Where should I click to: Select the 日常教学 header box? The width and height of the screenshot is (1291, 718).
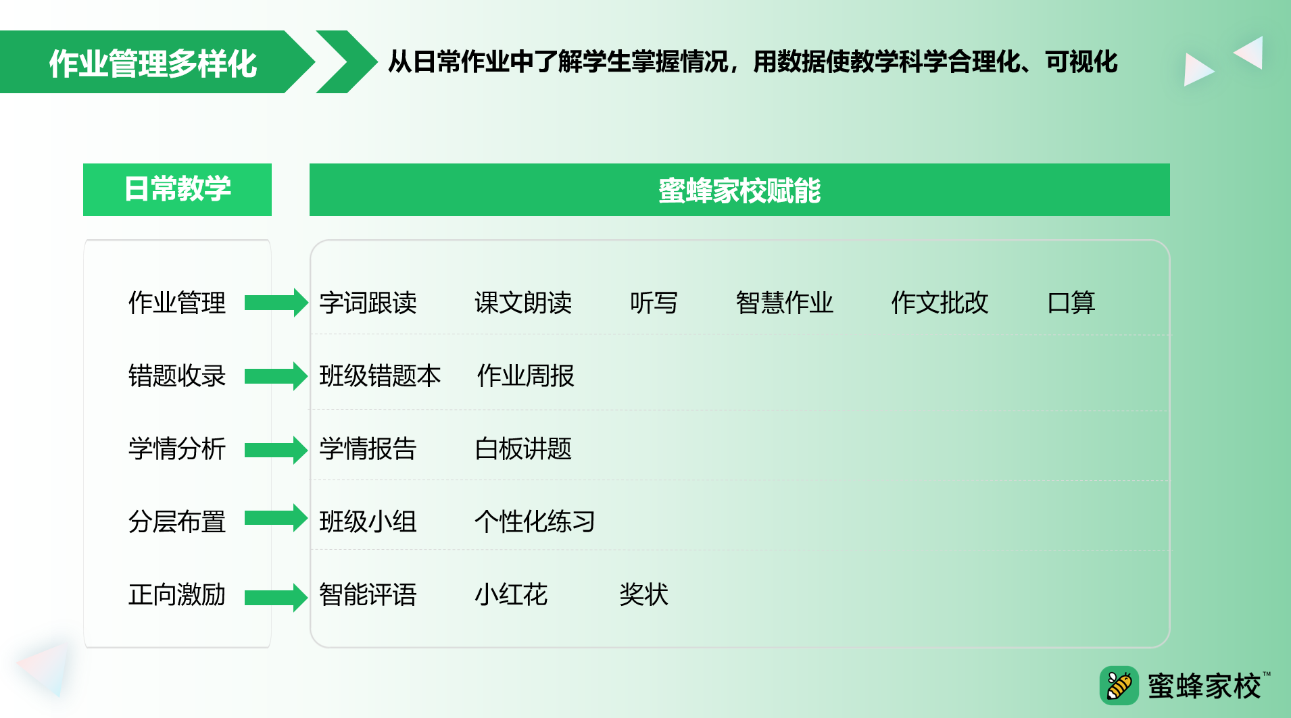pos(177,189)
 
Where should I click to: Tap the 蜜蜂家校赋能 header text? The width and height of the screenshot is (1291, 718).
pos(739,190)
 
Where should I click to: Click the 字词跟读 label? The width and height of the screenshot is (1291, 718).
pos(368,303)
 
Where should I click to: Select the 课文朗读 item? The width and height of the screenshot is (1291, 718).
pos(523,303)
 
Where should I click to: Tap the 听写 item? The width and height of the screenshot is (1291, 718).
pos(654,303)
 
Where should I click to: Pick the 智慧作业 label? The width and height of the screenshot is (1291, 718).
pos(785,303)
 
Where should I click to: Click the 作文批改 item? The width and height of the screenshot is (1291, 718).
pos(940,303)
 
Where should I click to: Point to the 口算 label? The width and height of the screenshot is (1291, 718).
pos(1071,303)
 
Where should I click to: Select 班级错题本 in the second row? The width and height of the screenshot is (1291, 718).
pos(380,376)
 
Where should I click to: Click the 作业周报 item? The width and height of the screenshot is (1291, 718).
pos(526,376)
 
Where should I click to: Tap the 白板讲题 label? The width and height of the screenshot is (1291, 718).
pos(523,448)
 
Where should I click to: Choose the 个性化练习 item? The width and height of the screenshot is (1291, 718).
pos(535,521)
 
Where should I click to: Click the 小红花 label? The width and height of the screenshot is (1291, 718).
pos(511,594)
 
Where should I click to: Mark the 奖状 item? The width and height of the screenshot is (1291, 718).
pos(644,594)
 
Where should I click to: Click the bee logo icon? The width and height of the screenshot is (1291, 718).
pos(1119,686)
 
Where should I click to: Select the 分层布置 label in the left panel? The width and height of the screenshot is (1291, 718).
pos(177,521)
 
